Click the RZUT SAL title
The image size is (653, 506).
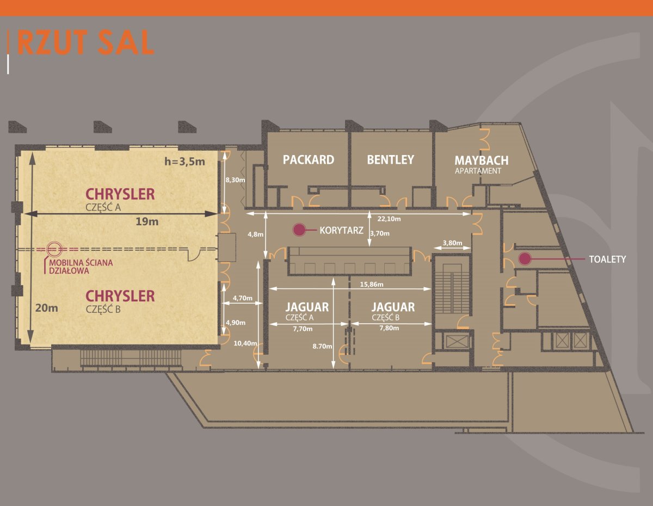click(86, 44)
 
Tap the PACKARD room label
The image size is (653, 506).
click(308, 159)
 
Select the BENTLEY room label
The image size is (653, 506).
click(390, 159)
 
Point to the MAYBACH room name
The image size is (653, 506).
click(482, 161)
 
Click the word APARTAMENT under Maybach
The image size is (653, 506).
click(478, 170)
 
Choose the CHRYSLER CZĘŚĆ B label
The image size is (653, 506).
click(120, 300)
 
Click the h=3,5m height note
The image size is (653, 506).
click(184, 161)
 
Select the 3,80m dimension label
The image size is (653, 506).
click(453, 243)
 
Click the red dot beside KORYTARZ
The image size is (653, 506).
click(299, 230)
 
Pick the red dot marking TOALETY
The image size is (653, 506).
click(525, 259)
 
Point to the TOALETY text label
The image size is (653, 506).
click(607, 260)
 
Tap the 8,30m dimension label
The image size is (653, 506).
click(235, 180)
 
